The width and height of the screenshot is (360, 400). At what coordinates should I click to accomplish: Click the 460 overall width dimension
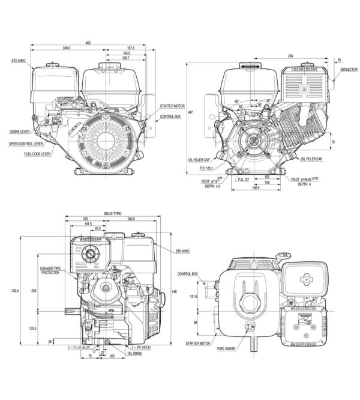pyautogui.click(x=88, y=42)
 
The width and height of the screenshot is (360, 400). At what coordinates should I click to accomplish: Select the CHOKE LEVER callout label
pyautogui.click(x=20, y=131)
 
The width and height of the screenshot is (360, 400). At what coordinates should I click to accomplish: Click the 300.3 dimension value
pyautogui.click(x=66, y=47)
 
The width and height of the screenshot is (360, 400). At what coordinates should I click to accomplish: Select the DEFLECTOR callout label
pyautogui.click(x=349, y=70)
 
